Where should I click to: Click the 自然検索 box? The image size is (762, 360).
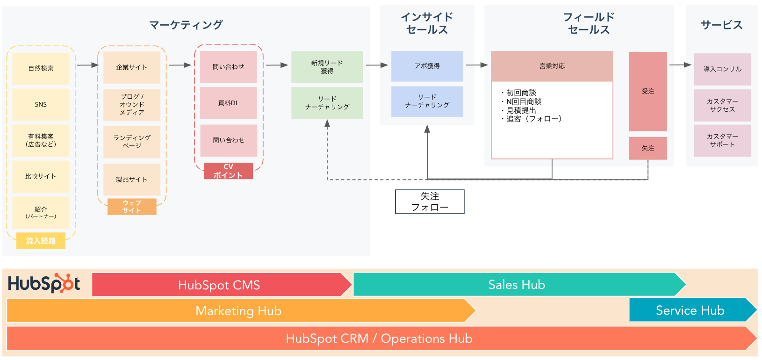41,68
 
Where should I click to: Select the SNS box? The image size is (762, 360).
41,104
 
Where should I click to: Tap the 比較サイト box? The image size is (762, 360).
41,176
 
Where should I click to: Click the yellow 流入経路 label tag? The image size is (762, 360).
41,241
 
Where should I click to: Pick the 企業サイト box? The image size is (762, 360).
132,67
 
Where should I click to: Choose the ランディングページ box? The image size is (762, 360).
132,142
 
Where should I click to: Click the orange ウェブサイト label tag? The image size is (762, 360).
132,207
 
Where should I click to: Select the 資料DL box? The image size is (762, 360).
229,103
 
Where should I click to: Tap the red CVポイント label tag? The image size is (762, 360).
228,171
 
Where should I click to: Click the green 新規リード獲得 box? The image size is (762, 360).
327,67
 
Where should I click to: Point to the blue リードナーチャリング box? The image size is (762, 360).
427,101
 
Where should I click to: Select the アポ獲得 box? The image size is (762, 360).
427,66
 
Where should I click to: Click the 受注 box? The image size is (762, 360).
648,92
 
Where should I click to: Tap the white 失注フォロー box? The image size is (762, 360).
430,202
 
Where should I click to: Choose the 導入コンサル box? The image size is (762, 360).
723,69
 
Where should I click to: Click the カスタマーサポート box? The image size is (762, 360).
723,141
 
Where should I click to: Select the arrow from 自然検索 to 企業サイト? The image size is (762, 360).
88,65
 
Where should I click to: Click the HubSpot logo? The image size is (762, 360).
44,283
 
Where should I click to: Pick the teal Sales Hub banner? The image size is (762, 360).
520,284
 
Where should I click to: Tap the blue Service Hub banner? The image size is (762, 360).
693,310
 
